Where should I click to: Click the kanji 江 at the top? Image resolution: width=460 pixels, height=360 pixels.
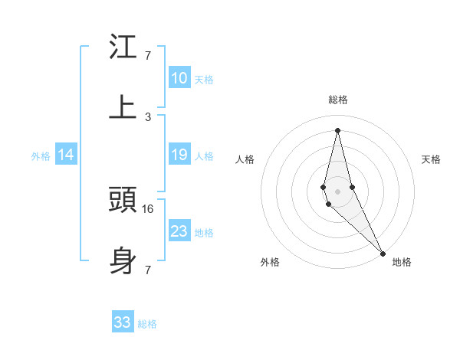pos(123,47)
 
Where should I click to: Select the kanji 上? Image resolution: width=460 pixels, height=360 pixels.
pos(123,106)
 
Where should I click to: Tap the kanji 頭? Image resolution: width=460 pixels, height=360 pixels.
pos(123,201)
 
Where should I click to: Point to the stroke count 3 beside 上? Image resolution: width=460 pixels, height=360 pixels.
pos(148,117)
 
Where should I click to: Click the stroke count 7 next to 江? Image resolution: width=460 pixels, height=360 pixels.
pos(148,56)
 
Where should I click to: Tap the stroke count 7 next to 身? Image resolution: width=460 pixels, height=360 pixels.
pos(148,270)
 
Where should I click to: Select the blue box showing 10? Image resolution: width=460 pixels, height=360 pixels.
pos(179,78)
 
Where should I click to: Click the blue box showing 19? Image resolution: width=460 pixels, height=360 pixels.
pos(179,155)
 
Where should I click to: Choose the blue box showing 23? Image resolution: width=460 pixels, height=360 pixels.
pos(179,231)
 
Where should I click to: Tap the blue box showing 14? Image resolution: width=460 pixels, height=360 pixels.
pos(66,155)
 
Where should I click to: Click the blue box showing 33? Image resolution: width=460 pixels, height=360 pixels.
pos(123,322)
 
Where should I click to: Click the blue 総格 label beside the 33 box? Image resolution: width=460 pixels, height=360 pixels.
pos(147,324)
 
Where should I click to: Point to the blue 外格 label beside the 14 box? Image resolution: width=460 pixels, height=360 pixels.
pos(41,156)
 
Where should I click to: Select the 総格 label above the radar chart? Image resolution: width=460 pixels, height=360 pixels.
pos(337,100)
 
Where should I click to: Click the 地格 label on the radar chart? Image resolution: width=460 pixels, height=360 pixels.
pos(402,262)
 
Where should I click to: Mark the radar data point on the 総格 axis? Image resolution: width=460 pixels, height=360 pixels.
pos(337,129)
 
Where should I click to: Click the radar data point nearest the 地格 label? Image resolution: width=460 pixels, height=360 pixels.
pos(383,252)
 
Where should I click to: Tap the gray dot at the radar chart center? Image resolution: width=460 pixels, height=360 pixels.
pos(337,191)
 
